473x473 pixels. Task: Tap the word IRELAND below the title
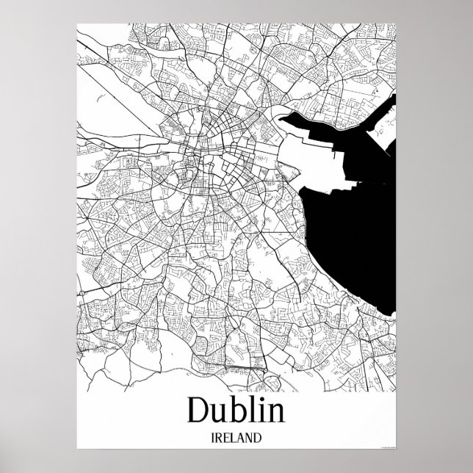pyautogui.click(x=236, y=438)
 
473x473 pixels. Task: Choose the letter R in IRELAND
pyautogui.click(x=220, y=438)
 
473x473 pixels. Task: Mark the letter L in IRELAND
pyautogui.click(x=236, y=438)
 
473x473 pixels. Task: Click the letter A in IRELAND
pyautogui.click(x=244, y=438)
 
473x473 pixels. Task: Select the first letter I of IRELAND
pyautogui.click(x=212, y=438)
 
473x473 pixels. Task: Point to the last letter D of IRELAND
pyautogui.click(x=261, y=438)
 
